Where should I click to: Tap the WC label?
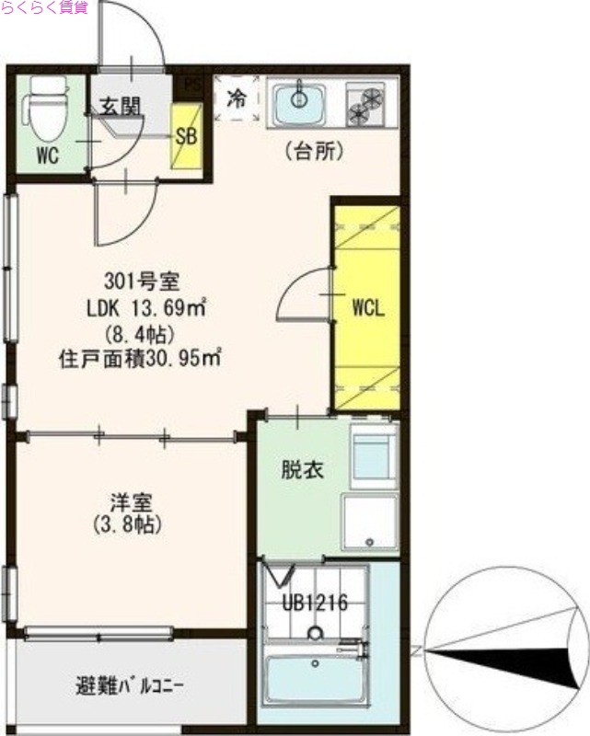[x=48, y=156]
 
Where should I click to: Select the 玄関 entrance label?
[x=121, y=108]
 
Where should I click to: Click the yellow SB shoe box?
[x=186, y=137]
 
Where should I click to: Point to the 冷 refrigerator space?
[x=237, y=98]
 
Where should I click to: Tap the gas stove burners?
[x=366, y=103]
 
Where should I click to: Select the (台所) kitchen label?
[x=314, y=151]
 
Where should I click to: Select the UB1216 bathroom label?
[x=315, y=604]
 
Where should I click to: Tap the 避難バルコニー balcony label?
[x=130, y=685]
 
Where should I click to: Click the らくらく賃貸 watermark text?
[x=44, y=8]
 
